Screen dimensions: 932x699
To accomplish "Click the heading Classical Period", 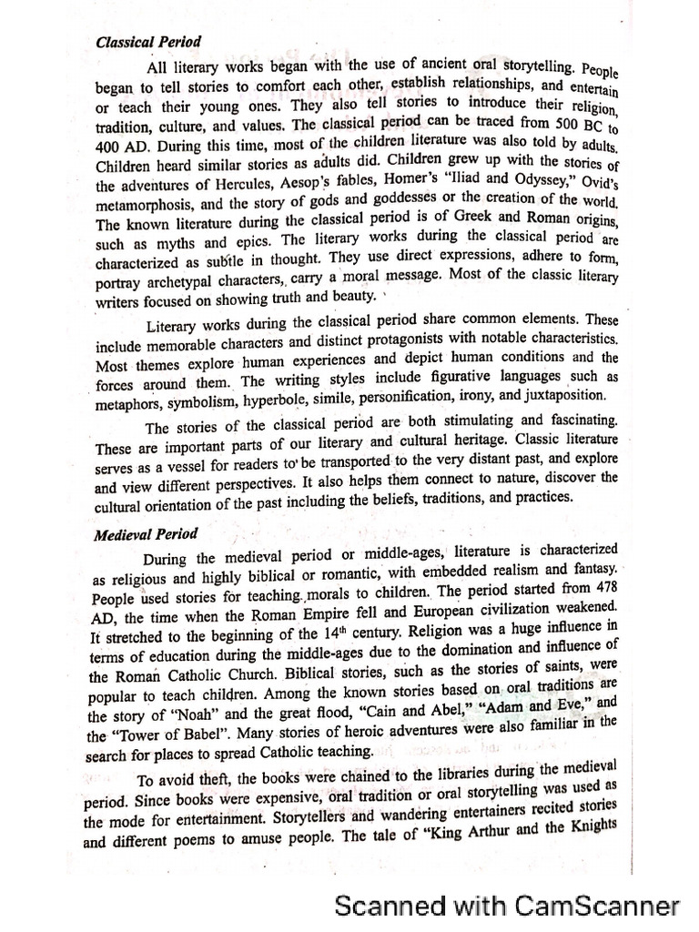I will tap(148, 43).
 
